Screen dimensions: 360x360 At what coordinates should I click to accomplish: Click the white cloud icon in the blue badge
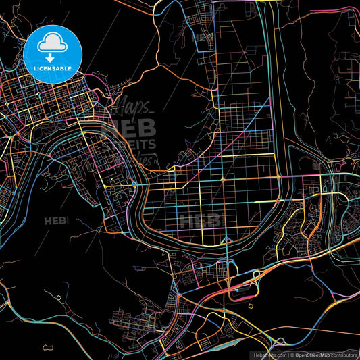[x=53, y=45]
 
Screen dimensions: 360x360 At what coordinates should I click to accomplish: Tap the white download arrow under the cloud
[x=53, y=59]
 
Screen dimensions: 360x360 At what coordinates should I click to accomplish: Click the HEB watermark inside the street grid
[x=199, y=220]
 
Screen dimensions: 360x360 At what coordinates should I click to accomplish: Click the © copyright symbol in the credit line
[x=292, y=355]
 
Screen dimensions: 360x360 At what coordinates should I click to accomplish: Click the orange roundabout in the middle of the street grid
[x=223, y=179]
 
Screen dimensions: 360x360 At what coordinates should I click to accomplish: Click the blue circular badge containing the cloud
[x=53, y=54]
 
